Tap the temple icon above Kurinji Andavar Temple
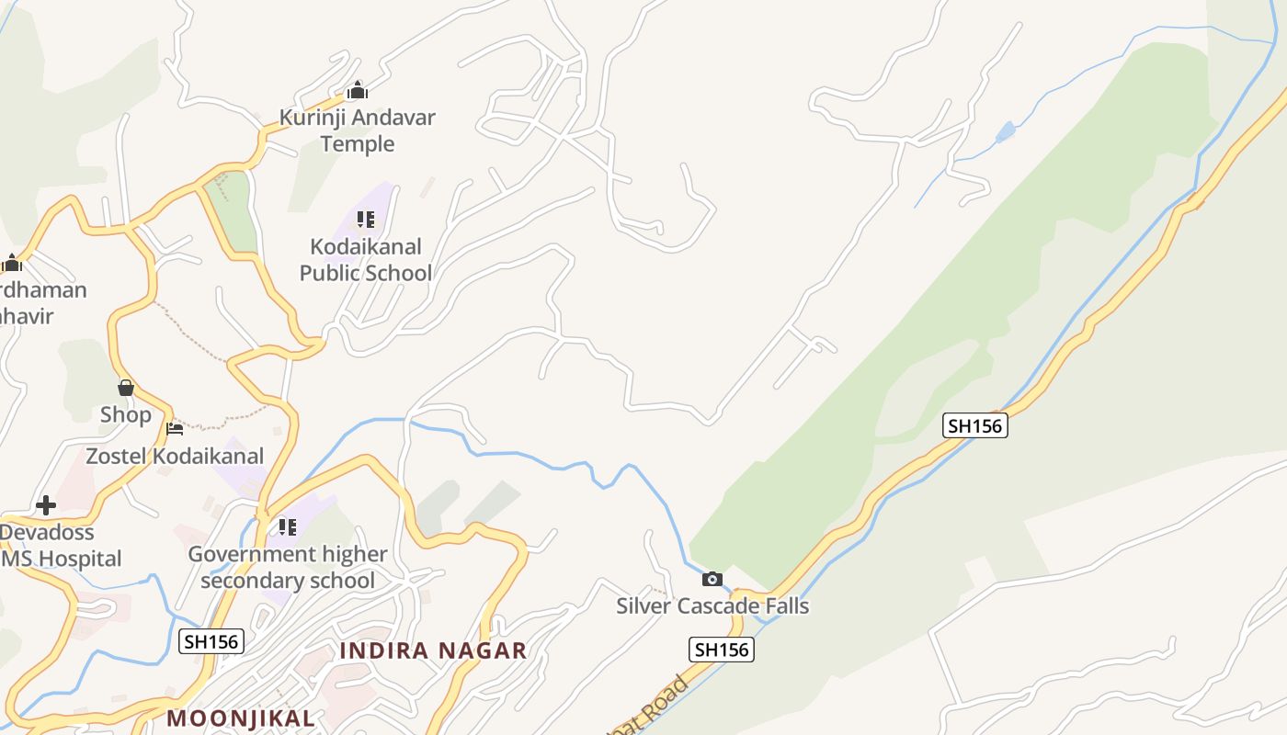click(357, 90)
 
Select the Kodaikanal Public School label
click(366, 259)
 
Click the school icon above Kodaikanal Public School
click(366, 220)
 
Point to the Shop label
click(125, 414)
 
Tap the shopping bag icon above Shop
click(126, 388)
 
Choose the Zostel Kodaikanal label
click(175, 456)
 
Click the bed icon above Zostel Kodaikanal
click(175, 428)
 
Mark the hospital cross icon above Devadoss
click(45, 505)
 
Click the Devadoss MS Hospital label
click(61, 545)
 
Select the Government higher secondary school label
click(288, 567)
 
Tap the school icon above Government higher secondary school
click(288, 527)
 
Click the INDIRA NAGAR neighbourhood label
click(433, 650)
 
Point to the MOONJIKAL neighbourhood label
click(241, 718)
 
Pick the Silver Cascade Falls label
click(712, 605)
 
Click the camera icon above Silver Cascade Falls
click(712, 579)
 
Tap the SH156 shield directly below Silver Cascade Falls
click(722, 650)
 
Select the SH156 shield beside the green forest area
click(975, 425)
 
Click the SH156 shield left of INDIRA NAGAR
click(211, 641)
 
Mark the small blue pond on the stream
click(1006, 131)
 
